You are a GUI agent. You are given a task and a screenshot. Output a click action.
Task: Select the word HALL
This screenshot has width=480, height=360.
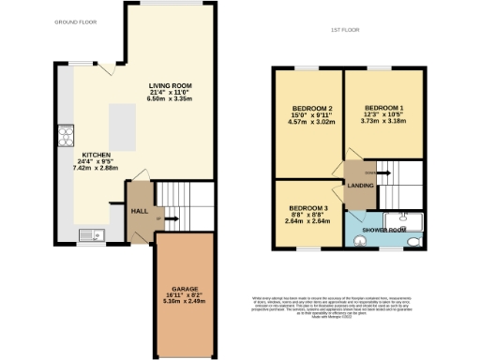(139, 212)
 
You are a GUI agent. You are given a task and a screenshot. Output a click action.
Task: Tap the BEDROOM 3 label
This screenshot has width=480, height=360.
(307, 207)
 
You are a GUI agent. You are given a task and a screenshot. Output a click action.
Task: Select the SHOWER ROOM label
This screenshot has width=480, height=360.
(384, 230)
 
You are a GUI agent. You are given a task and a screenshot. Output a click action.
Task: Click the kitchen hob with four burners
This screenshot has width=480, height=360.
(67, 138)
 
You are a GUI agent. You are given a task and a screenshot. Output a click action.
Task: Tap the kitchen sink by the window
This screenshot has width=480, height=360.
(86, 235)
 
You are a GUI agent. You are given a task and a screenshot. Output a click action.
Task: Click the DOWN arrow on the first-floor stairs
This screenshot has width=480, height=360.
(370, 173)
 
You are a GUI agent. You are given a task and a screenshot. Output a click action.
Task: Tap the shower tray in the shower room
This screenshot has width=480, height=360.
(412, 221)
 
